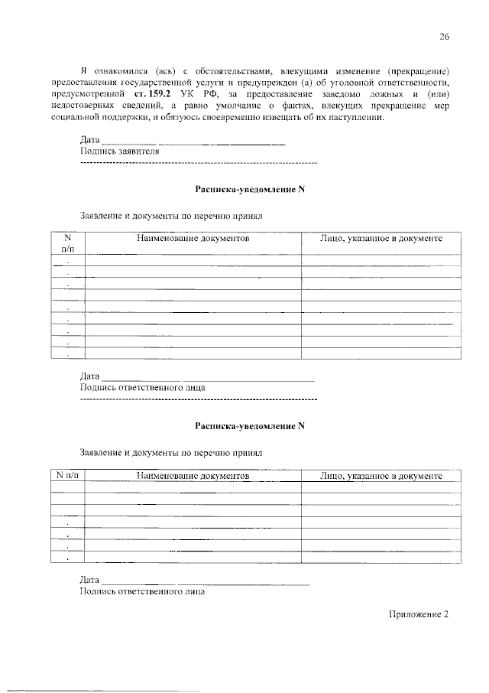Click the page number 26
443,37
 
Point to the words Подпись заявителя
119,151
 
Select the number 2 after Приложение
444,614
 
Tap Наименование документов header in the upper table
193,239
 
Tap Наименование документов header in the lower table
193,476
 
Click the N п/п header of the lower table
67,476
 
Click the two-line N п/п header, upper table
67,244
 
